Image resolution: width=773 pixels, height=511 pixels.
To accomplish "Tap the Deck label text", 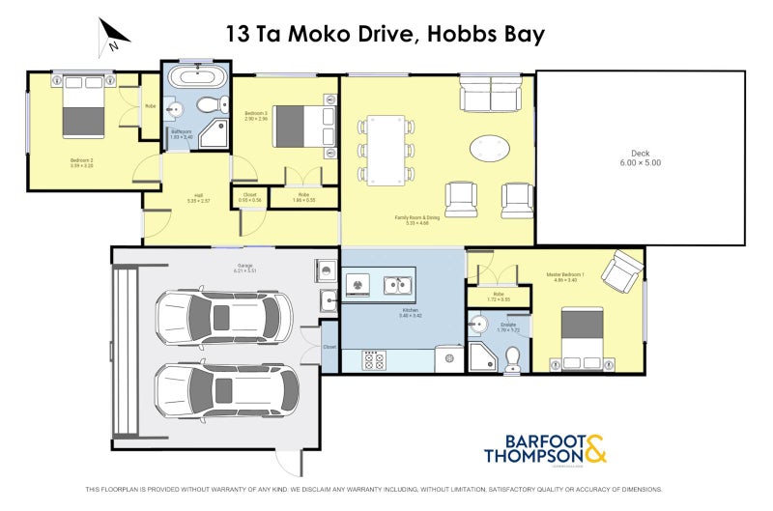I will (x=640, y=158).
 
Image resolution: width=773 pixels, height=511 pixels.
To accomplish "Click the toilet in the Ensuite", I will (x=512, y=358).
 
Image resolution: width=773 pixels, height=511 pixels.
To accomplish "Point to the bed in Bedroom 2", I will (x=83, y=107).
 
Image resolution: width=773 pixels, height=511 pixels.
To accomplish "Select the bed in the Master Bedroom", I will (x=583, y=335).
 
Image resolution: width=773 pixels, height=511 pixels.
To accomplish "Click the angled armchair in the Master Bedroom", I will (x=623, y=270).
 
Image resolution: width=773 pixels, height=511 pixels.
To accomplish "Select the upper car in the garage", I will (x=222, y=316).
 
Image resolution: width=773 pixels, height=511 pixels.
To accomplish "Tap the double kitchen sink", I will (x=396, y=285).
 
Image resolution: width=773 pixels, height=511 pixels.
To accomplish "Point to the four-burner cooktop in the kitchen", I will (x=374, y=360).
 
